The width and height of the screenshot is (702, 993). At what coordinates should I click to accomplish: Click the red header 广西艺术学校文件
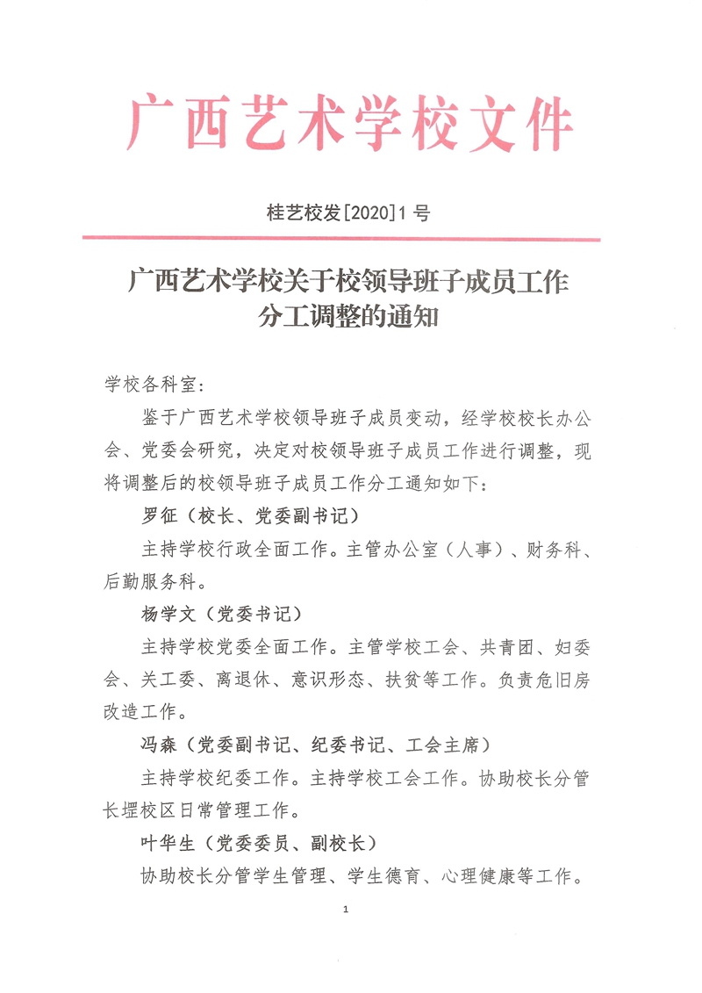(x=351, y=125)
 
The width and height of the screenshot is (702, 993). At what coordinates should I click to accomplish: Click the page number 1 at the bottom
(x=347, y=909)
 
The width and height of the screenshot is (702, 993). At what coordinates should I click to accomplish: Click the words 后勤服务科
(x=154, y=580)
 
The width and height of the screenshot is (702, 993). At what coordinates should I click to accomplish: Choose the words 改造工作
(x=142, y=711)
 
